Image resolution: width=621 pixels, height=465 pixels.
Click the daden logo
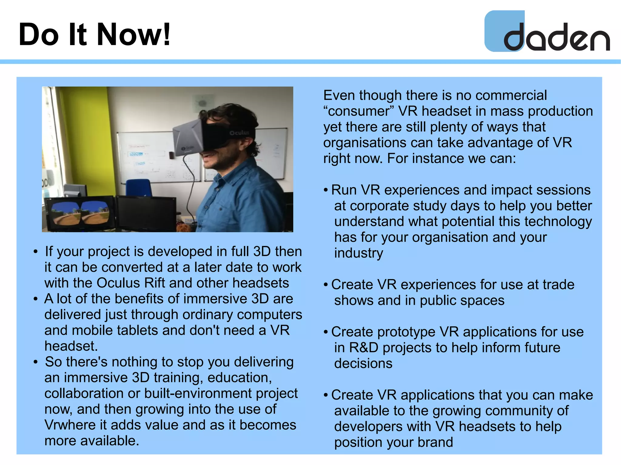point(547,32)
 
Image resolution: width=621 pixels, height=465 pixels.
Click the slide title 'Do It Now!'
point(94,35)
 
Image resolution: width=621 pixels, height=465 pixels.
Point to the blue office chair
point(139,188)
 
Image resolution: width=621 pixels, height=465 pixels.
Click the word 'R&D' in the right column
point(363,347)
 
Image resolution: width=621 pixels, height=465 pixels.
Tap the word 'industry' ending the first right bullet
point(358,253)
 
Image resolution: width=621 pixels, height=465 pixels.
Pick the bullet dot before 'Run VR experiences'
point(326,190)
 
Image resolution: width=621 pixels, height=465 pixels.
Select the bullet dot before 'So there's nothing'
point(36,362)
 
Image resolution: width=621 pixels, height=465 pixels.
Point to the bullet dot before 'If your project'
point(36,252)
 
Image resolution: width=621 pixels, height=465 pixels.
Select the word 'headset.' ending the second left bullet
point(71,346)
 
